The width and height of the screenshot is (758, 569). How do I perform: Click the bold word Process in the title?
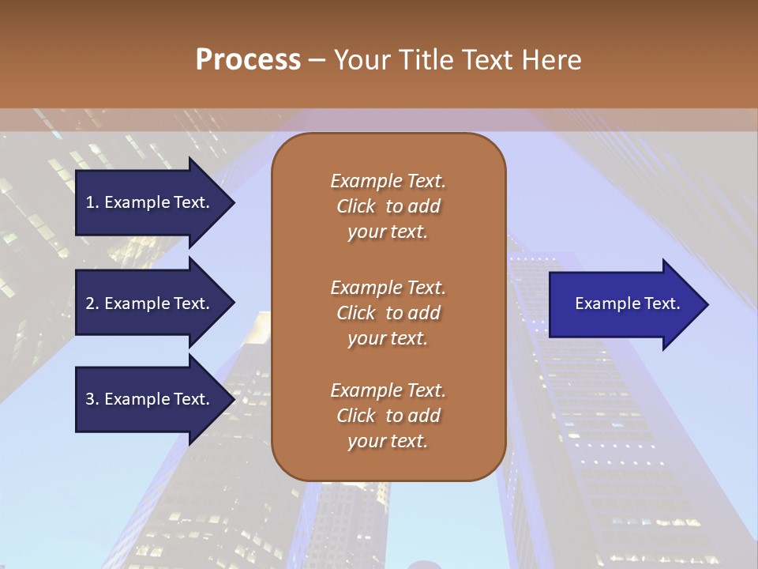(248, 60)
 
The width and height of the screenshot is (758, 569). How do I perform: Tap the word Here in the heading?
(550, 60)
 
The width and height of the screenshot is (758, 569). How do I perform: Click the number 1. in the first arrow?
(92, 202)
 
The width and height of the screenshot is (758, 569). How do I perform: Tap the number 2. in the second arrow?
(92, 303)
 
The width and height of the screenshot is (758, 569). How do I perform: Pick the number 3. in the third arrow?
(92, 399)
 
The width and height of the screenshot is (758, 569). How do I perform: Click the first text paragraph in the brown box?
(388, 206)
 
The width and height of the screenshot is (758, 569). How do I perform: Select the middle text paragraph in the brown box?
(388, 313)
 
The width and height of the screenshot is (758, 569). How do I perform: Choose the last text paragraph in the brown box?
(388, 416)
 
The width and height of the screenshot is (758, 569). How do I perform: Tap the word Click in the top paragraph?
(356, 206)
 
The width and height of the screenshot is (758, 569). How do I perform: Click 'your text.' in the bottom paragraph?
(388, 441)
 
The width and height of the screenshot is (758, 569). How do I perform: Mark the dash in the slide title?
(317, 60)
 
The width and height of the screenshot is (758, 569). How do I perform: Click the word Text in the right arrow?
(662, 303)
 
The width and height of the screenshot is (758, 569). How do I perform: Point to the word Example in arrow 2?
(137, 303)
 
